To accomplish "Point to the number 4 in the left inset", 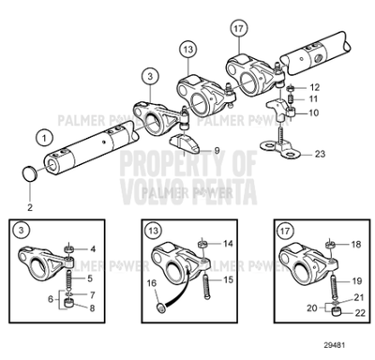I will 94,248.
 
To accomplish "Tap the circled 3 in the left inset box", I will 21,230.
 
